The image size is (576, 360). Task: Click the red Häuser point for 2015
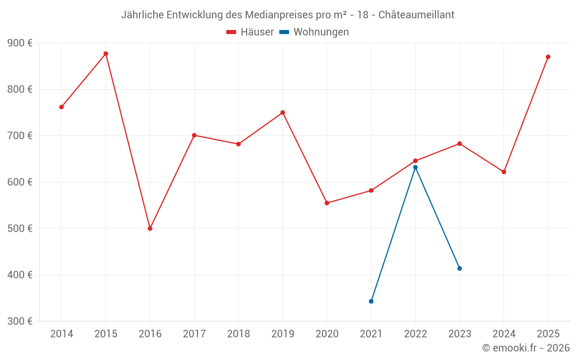[x=106, y=54]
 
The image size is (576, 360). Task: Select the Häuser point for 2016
[x=150, y=229]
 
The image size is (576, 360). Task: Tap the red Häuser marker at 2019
[x=283, y=113]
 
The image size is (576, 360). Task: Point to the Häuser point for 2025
[x=548, y=57]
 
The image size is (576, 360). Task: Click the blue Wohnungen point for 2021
[x=371, y=301]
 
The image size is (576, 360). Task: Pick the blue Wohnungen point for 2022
[x=415, y=168]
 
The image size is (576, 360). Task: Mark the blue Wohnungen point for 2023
[x=460, y=268]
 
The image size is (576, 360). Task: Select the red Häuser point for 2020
[x=327, y=203]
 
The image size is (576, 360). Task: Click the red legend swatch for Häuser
[x=232, y=32]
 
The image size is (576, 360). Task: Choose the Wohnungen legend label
[x=321, y=32]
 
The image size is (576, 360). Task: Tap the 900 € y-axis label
[x=20, y=43]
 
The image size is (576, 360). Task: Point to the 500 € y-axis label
[x=20, y=229]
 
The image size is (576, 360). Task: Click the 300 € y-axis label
[x=20, y=321]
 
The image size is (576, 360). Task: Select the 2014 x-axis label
[x=62, y=334]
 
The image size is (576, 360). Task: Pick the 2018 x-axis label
[x=238, y=334]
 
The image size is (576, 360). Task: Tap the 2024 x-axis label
[x=503, y=334]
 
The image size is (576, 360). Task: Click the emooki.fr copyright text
[x=526, y=348]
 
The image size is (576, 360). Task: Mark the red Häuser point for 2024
[x=504, y=172]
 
